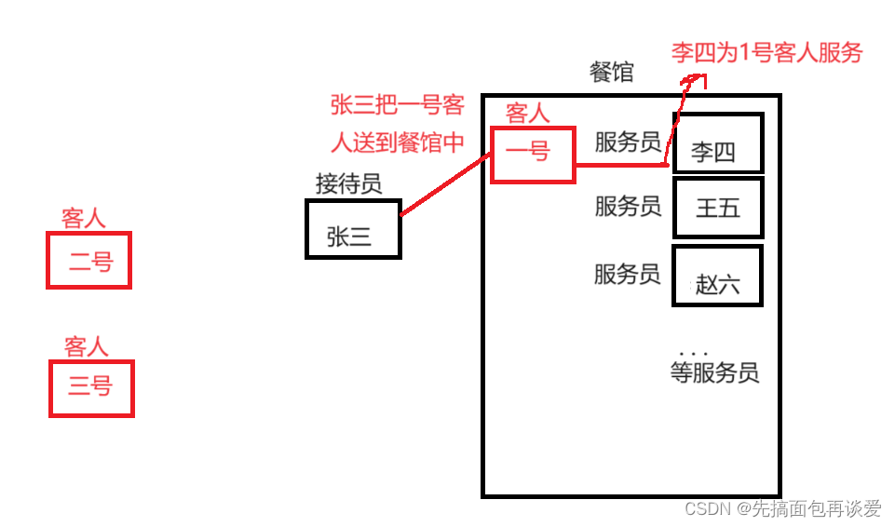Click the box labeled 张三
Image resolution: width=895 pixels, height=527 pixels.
point(353,229)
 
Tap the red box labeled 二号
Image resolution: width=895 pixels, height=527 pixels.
point(88,260)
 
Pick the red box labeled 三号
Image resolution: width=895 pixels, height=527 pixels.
point(90,388)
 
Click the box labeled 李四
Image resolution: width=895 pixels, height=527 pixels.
point(717,143)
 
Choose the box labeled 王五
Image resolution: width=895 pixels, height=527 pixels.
point(717,208)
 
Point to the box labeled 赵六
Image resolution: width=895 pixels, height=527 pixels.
point(717,276)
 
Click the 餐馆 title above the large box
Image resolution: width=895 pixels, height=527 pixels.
point(612,73)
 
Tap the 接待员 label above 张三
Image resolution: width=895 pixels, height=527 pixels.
point(348,183)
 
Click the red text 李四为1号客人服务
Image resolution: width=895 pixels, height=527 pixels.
point(767,52)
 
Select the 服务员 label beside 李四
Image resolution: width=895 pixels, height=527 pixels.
point(628,142)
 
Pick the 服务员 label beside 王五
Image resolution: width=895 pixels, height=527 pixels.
point(628,206)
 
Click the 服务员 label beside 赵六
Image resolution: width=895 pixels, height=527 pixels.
point(628,274)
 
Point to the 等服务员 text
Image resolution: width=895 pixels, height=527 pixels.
point(714,373)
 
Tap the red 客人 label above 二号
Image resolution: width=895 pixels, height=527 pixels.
point(83,219)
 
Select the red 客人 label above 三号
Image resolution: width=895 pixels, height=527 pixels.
point(86,347)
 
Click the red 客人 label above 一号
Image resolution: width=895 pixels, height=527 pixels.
point(527,113)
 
